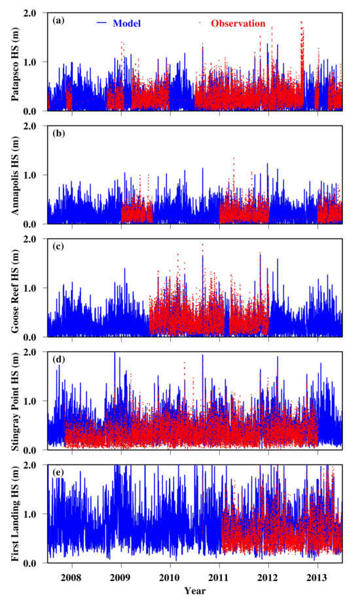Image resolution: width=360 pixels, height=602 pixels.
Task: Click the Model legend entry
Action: (x=118, y=24)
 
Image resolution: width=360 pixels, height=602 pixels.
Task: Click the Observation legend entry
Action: (x=232, y=24)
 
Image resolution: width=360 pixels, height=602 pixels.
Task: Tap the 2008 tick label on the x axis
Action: (x=72, y=577)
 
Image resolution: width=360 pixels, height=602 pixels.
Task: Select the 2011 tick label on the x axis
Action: (x=219, y=577)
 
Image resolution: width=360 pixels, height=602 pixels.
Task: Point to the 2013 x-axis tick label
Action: (x=317, y=577)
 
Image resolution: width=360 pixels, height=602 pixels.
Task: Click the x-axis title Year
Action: (x=195, y=590)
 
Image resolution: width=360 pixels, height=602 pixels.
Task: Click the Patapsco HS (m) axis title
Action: (x=15, y=62)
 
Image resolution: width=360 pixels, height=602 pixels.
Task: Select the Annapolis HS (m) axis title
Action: (x=15, y=175)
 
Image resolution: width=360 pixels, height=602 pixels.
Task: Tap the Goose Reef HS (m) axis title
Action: (x=15, y=288)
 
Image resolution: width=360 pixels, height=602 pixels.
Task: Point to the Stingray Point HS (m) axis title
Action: (x=15, y=401)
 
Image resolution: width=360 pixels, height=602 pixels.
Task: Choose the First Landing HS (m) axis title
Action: (x=15, y=514)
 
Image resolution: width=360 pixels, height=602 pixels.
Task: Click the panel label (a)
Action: (x=58, y=21)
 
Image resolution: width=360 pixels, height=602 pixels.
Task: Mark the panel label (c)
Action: (x=58, y=247)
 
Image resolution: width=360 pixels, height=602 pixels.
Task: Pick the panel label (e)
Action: (x=58, y=472)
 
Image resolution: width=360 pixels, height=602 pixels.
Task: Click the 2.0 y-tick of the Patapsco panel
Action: (x=39, y=13)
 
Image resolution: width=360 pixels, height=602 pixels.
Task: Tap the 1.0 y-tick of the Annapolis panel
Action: (x=39, y=175)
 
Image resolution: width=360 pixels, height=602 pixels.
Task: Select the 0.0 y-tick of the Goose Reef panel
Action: (x=39, y=337)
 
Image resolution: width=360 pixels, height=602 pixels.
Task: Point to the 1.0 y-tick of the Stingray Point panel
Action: (x=39, y=401)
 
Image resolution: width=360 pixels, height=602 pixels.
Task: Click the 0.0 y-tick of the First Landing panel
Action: (x=39, y=563)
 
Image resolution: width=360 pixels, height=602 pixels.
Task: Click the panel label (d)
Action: (x=58, y=359)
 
